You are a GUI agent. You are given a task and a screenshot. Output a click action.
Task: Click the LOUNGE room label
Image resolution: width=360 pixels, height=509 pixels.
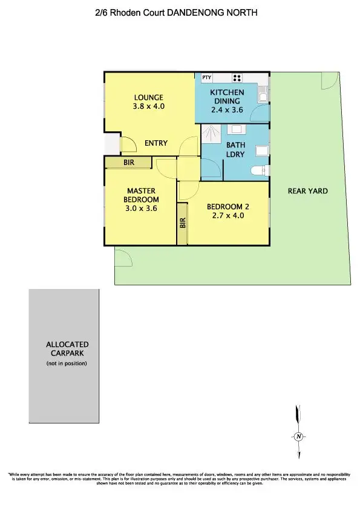click(148, 97)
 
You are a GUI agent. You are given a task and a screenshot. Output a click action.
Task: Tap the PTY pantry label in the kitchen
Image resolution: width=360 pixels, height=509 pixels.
click(207, 77)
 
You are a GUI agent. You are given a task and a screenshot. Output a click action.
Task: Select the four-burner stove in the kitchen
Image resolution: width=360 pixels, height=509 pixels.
click(237, 77)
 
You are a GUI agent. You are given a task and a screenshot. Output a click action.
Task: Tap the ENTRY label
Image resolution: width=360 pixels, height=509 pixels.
click(155, 143)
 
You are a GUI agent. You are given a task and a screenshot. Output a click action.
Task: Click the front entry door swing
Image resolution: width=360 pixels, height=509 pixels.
click(128, 144)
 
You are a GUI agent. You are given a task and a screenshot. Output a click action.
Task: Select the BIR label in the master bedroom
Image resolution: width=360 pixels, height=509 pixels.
click(128, 163)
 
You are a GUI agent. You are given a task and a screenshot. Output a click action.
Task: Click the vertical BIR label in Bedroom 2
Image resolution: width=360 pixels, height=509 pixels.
click(182, 223)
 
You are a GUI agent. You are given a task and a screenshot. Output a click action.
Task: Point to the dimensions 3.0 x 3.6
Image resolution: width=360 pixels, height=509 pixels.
click(141, 208)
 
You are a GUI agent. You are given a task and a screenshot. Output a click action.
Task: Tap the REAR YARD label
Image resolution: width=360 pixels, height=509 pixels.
click(308, 191)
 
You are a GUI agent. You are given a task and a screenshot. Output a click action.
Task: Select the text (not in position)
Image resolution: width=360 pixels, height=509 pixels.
click(67, 363)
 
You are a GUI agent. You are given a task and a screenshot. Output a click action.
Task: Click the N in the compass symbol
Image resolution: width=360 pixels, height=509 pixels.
click(298, 436)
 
